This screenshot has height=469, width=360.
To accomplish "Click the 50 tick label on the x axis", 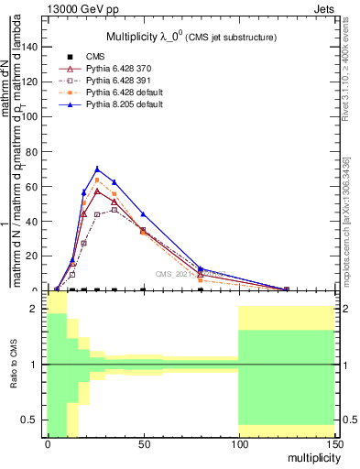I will pyautogui.click(x=142, y=444).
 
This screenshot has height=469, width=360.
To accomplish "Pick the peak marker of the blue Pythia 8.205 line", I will pyautogui.click(x=97, y=169).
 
